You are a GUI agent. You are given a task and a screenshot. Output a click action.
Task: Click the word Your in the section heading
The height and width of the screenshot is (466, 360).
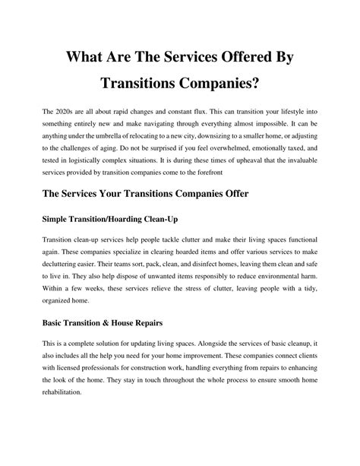pyautogui.click(x=126, y=193)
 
